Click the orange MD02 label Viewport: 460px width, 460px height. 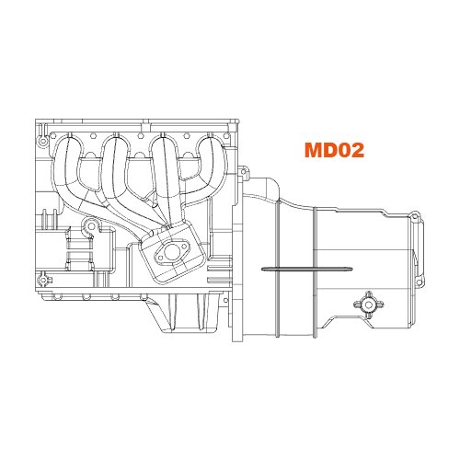point(333,150)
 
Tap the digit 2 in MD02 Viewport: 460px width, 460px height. point(357,150)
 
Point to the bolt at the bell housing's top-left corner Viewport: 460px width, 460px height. point(244,171)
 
